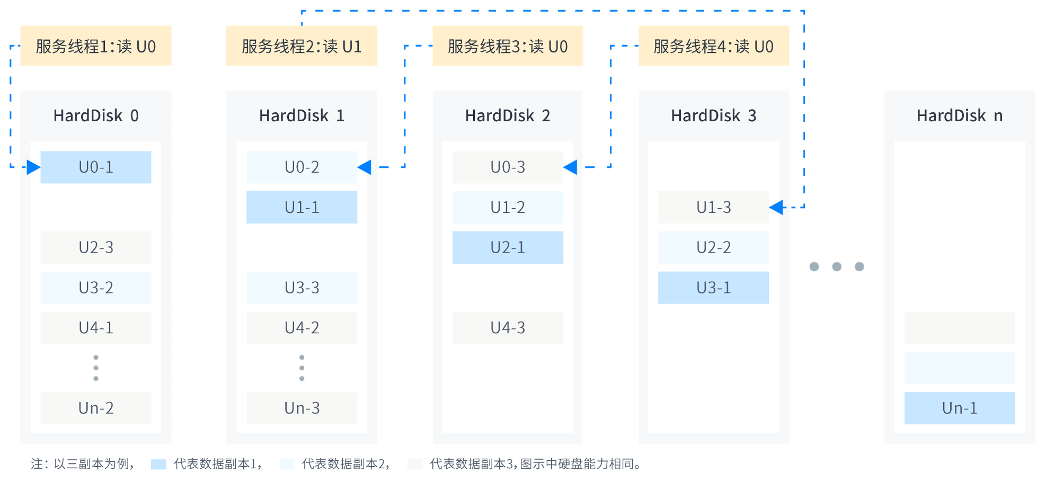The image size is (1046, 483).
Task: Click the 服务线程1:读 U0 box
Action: (96, 46)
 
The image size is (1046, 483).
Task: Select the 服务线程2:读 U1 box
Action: (302, 46)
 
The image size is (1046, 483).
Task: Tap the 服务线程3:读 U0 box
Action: (508, 46)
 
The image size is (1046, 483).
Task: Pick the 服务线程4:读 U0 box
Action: (714, 46)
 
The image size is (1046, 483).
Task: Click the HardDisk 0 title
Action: (96, 115)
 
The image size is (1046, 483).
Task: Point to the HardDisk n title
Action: (960, 115)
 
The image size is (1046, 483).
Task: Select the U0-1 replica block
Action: (96, 167)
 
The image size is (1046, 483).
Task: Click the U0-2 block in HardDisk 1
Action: (302, 167)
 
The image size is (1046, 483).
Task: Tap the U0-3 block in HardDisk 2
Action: (508, 167)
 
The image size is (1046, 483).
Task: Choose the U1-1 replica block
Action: (302, 207)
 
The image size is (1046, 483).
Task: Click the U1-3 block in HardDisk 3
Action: (713, 207)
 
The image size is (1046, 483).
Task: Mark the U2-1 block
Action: (508, 247)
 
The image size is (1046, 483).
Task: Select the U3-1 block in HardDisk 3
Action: (713, 288)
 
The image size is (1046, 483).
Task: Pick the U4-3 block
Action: (508, 328)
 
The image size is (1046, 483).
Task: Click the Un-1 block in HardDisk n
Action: (960, 408)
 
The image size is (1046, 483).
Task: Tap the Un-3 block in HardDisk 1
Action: (302, 408)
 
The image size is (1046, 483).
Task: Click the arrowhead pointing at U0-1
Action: (33, 167)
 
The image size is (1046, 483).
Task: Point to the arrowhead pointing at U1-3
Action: (776, 207)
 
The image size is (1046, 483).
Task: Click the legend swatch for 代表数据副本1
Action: (158, 464)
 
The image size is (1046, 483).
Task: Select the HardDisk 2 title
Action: (508, 115)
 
